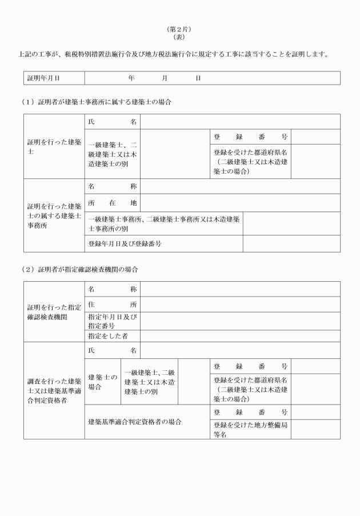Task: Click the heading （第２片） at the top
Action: tap(180, 29)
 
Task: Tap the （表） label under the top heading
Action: tap(180, 37)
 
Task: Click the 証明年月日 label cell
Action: tap(44, 78)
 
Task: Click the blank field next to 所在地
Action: tap(240, 203)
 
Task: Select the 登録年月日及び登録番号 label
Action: tap(125, 244)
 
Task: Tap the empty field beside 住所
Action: tap(240, 305)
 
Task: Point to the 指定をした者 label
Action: tap(111, 336)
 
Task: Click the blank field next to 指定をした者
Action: tap(240, 336)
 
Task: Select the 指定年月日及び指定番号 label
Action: tap(112, 321)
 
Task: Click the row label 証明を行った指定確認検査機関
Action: tap(54, 312)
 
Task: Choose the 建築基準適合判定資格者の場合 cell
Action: tap(135, 422)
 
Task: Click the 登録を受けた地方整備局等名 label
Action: tap(250, 429)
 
